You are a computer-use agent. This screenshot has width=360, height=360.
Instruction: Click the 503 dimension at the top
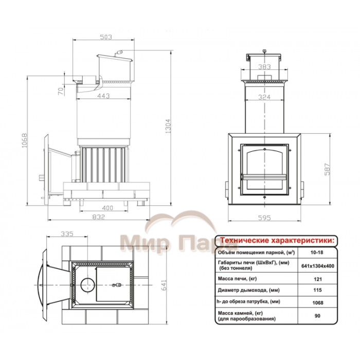(106, 37)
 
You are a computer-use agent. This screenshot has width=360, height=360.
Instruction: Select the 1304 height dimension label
(168, 126)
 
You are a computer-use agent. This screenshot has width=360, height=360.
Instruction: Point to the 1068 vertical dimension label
(25, 140)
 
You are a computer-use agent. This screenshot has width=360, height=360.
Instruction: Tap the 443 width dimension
(103, 96)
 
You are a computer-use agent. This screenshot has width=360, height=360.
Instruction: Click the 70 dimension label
(61, 92)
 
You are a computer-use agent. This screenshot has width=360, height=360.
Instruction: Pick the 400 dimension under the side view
(107, 208)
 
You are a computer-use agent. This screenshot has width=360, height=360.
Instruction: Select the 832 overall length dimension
(99, 217)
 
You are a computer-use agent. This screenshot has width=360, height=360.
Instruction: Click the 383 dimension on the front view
(264, 67)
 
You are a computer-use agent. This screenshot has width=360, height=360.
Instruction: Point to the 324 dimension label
(264, 97)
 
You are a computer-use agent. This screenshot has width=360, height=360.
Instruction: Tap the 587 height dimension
(327, 169)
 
